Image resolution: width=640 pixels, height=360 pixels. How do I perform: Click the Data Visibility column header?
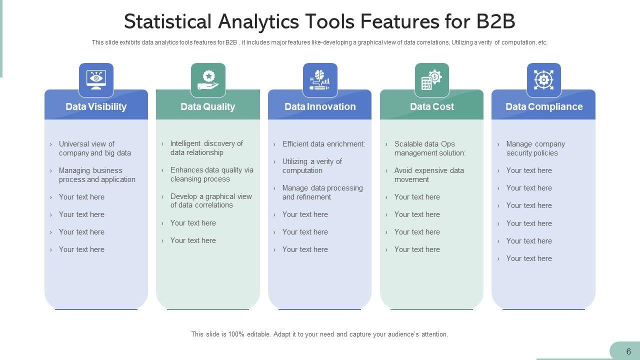tap(96, 106)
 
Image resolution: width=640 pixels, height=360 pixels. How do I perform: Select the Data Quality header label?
tap(207, 106)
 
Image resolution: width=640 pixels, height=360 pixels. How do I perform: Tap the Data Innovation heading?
tap(320, 106)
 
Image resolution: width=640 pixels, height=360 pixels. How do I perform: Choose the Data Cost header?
tap(432, 106)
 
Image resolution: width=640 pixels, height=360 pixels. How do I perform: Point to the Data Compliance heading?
tap(544, 106)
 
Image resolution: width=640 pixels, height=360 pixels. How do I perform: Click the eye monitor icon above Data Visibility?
tap(96, 79)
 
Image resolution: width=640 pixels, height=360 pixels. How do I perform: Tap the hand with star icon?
tap(208, 79)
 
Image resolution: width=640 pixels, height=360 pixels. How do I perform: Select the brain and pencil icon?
tap(320, 79)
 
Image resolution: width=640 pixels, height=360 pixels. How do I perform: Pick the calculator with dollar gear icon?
tap(432, 79)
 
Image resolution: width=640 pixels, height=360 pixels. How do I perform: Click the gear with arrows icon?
tap(544, 79)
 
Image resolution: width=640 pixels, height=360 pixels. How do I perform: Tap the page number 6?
tap(628, 351)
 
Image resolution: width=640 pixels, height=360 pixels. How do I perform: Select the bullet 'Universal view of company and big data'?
tap(94, 148)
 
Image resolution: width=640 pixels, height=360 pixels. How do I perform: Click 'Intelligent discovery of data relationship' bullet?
tap(206, 148)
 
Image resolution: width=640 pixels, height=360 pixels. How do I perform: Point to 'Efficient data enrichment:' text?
tap(323, 144)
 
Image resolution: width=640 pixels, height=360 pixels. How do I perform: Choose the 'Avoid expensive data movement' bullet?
tap(428, 175)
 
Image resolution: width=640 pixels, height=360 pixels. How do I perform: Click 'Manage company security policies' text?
tap(535, 148)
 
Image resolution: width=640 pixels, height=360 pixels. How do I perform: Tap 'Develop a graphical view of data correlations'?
tap(211, 200)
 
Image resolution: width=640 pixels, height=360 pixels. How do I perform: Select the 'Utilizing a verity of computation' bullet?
tap(312, 166)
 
